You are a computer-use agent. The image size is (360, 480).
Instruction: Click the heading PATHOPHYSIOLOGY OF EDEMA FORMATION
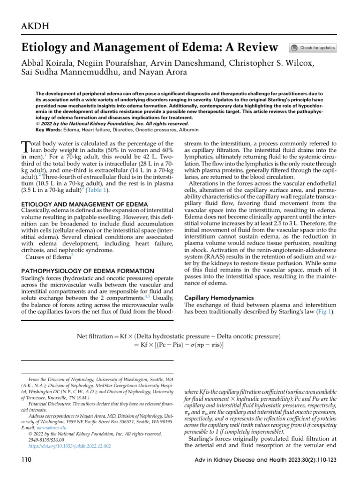pyautogui.click(x=88, y=271)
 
